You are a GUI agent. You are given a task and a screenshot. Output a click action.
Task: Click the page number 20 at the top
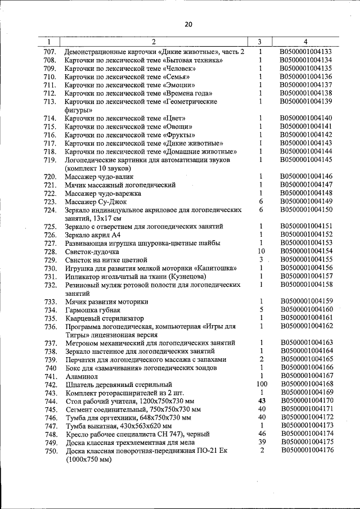pos(188,24)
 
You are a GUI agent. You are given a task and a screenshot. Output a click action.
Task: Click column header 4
pos(305,42)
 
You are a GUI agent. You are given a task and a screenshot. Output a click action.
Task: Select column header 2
pos(154,42)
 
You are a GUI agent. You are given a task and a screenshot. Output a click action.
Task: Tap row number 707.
pos(50,52)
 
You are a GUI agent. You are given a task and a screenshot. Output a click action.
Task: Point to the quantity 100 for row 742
pos(261,384)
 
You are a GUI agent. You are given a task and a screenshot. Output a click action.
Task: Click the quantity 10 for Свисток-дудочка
pos(261,251)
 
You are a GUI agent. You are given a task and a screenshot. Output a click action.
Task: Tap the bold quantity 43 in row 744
pos(261,400)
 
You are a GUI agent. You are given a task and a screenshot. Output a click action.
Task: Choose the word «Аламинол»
pos(83,376)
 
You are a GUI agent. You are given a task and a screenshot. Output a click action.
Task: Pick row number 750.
pos(50,451)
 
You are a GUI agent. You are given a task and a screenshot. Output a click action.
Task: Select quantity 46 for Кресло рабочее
pos(261,434)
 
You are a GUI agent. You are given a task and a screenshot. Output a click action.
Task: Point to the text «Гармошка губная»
pos(92,309)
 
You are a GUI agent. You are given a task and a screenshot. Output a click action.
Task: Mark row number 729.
pos(50,260)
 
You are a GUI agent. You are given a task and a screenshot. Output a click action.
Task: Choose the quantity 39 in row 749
pos(261,442)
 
